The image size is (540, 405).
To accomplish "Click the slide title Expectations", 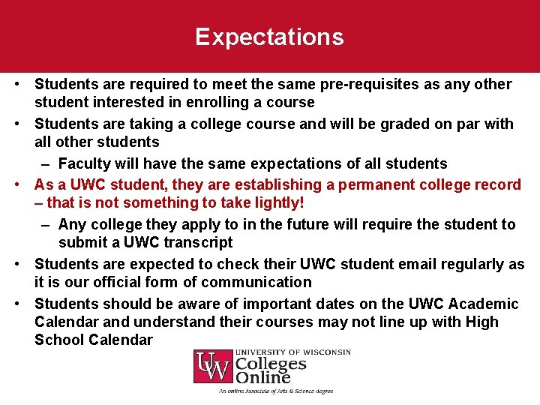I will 269,37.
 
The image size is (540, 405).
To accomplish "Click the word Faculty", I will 84,163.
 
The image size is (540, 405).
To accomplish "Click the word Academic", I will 483,304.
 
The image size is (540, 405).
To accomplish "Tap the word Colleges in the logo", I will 271,364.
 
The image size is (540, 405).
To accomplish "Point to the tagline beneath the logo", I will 275,391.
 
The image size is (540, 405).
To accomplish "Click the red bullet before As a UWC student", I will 24,184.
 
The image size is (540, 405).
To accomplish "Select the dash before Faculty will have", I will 46,163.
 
